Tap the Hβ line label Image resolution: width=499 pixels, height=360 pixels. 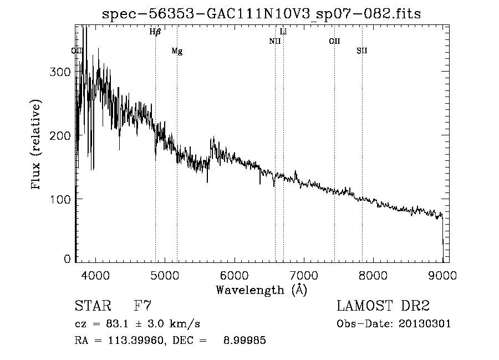click(x=155, y=32)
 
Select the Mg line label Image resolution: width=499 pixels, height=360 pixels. click(x=177, y=51)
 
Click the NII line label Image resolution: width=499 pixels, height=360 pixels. click(x=275, y=41)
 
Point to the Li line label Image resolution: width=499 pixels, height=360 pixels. click(x=283, y=32)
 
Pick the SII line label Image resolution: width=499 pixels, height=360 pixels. click(x=362, y=51)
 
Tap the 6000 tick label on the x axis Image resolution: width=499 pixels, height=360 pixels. click(x=235, y=275)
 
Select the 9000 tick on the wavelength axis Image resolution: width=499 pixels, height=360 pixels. click(x=442, y=275)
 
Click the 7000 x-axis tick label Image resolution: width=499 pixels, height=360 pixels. click(x=304, y=275)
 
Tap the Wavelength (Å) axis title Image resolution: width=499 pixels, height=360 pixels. click(x=261, y=290)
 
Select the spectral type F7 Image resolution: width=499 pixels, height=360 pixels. click(x=142, y=306)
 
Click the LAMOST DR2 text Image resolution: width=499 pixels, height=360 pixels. click(x=383, y=306)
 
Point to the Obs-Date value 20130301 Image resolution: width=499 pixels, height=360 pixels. click(x=425, y=324)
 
